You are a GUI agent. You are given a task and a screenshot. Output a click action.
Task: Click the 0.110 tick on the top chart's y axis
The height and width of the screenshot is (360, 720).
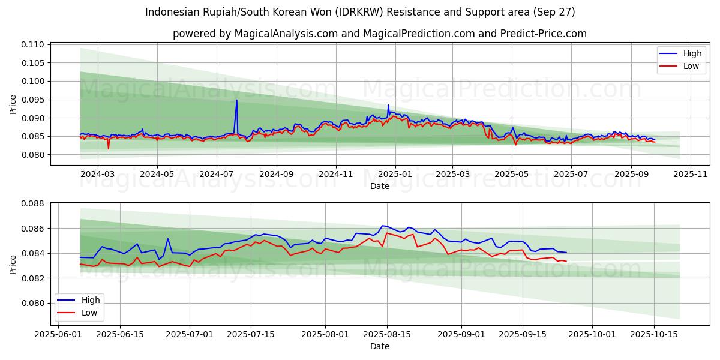(x=34, y=44)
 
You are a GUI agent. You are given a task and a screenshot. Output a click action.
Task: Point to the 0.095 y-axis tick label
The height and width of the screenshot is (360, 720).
(x=34, y=100)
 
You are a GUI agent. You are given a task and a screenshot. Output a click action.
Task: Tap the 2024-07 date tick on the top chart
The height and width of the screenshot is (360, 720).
(x=216, y=175)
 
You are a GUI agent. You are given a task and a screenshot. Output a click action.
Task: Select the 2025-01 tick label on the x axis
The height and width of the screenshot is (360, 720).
(x=395, y=175)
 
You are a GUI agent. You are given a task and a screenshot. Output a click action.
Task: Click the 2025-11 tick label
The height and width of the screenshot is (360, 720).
(x=691, y=175)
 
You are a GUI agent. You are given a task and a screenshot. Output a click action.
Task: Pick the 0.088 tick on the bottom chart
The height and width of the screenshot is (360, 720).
(x=34, y=203)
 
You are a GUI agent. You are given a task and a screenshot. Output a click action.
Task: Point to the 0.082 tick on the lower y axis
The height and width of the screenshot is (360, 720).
(x=34, y=278)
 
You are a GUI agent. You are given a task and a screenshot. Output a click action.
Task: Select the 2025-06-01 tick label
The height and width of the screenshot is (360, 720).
(x=58, y=334)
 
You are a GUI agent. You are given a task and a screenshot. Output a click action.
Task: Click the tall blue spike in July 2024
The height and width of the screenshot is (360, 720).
(x=236, y=100)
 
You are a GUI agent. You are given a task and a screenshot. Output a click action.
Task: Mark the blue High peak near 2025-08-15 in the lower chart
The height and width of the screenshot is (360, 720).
(x=383, y=226)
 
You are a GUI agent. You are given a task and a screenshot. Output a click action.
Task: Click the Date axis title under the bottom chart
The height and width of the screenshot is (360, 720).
(x=379, y=346)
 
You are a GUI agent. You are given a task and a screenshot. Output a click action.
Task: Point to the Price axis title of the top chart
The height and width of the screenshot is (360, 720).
(x=13, y=104)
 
